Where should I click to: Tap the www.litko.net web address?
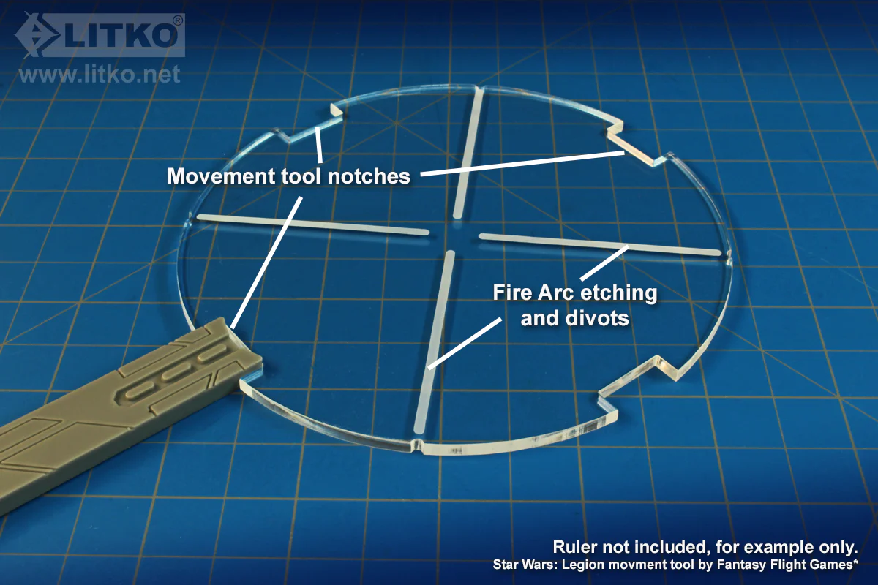click(100, 75)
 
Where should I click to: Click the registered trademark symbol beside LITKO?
click(178, 20)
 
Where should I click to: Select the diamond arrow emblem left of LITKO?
click(37, 35)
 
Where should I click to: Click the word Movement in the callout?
click(221, 176)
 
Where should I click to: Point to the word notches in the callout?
click(369, 176)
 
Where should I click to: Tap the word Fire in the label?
click(512, 292)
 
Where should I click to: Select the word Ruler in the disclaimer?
click(574, 547)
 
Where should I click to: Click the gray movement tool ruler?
click(118, 412)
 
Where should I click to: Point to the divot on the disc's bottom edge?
click(418, 446)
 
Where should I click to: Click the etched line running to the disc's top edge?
click(468, 153)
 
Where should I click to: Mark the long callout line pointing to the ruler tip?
click(266, 263)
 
